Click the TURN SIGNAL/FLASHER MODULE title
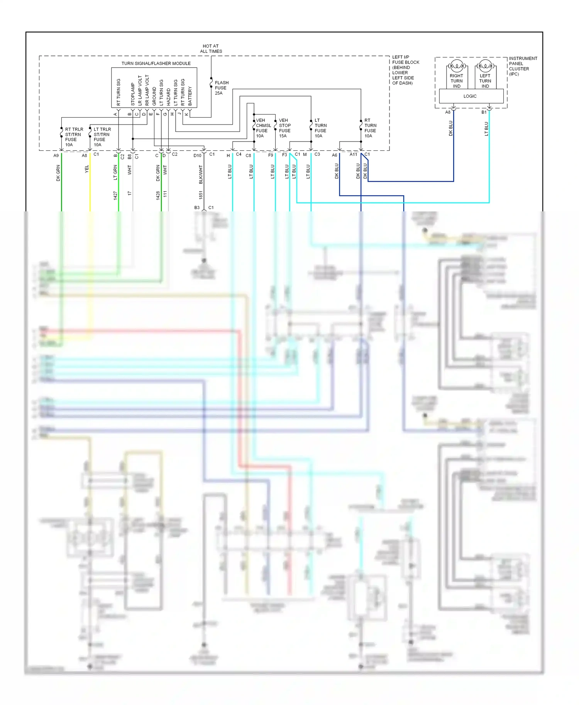tap(156, 63)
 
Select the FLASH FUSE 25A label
tap(221, 88)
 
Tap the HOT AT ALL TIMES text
tap(211, 49)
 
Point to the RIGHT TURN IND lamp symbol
tap(457, 65)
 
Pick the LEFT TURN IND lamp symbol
tap(485, 65)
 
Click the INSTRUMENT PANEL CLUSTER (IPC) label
tap(523, 66)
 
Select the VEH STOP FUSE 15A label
tap(285, 128)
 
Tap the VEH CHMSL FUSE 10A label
tap(263, 128)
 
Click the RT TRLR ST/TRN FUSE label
tap(73, 137)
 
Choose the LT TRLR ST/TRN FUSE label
tap(102, 137)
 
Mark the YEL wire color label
tap(87, 169)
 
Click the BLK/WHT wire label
tap(201, 174)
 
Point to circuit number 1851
tap(201, 195)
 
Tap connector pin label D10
tap(197, 155)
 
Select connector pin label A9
tap(56, 155)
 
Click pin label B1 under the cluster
tap(484, 112)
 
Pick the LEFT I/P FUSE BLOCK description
tap(405, 70)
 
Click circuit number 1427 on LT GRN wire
tap(115, 196)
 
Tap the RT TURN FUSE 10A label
tap(370, 128)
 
